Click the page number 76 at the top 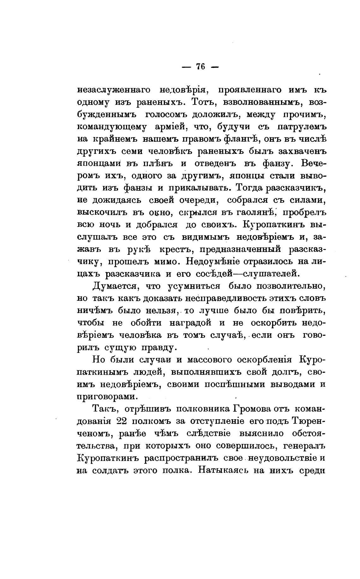[201, 67]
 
